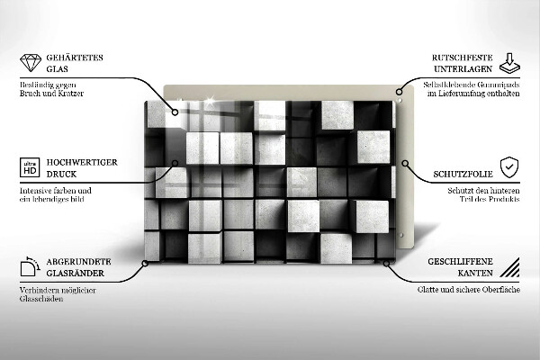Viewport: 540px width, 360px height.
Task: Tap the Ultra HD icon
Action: click(29, 169)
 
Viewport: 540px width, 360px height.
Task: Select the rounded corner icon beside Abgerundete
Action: click(28, 267)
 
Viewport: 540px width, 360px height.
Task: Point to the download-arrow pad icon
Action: click(508, 63)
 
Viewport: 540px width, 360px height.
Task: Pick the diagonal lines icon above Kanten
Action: click(508, 267)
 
